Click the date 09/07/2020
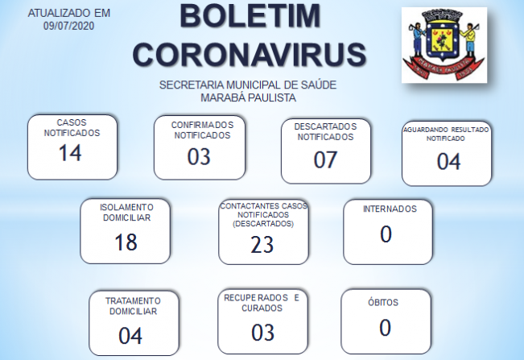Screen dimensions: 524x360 click(69, 26)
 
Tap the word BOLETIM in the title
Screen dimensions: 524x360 click(250, 16)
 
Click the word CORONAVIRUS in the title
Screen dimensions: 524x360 click(250, 54)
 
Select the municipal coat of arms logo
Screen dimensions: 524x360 click(444, 45)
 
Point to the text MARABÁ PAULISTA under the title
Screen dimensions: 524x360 click(248, 97)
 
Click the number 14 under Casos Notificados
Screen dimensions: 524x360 click(70, 153)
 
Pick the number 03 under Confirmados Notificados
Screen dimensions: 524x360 click(199, 156)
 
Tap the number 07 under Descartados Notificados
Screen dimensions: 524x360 click(325, 159)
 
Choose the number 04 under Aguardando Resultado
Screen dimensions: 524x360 click(449, 161)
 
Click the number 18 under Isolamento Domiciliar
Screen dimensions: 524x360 click(126, 242)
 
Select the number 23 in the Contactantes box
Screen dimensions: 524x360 click(262, 245)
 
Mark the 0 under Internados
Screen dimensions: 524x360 click(386, 234)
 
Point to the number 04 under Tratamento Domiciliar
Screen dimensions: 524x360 click(130, 336)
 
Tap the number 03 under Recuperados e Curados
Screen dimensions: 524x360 click(263, 333)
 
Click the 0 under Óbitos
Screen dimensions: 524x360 click(385, 328)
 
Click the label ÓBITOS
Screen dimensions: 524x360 click(383, 303)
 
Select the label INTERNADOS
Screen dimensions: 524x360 click(390, 209)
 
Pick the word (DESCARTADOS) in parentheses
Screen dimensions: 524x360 click(263, 224)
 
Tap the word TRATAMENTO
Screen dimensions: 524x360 click(133, 301)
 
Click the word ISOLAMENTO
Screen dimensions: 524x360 click(126, 208)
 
